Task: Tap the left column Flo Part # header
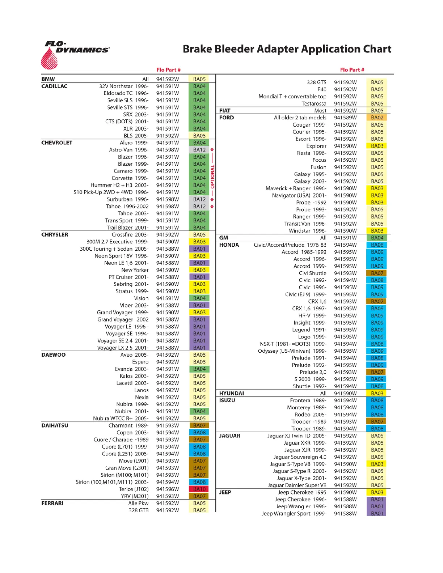pyautogui.click(x=168, y=70)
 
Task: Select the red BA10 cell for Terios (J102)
pyautogui.click(x=199, y=489)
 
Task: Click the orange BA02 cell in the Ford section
pyautogui.click(x=377, y=118)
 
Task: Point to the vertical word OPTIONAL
pyautogui.click(x=213, y=177)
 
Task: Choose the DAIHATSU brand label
pyautogui.click(x=55, y=425)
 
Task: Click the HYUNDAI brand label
pyautogui.click(x=231, y=393)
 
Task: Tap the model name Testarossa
pyautogui.click(x=314, y=103)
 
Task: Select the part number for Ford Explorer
pyautogui.click(x=345, y=146)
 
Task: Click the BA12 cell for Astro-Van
pyautogui.click(x=199, y=150)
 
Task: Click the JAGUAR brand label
pyautogui.click(x=229, y=436)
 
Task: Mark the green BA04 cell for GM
pyautogui.click(x=377, y=238)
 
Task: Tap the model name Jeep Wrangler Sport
pyautogui.click(x=286, y=513)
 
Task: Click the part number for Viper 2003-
pyautogui.click(x=167, y=305)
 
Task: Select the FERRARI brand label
pyautogui.click(x=52, y=503)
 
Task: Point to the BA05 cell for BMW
pyautogui.click(x=199, y=79)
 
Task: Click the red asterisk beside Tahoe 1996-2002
pyautogui.click(x=212, y=207)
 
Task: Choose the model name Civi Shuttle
pyautogui.click(x=312, y=273)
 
